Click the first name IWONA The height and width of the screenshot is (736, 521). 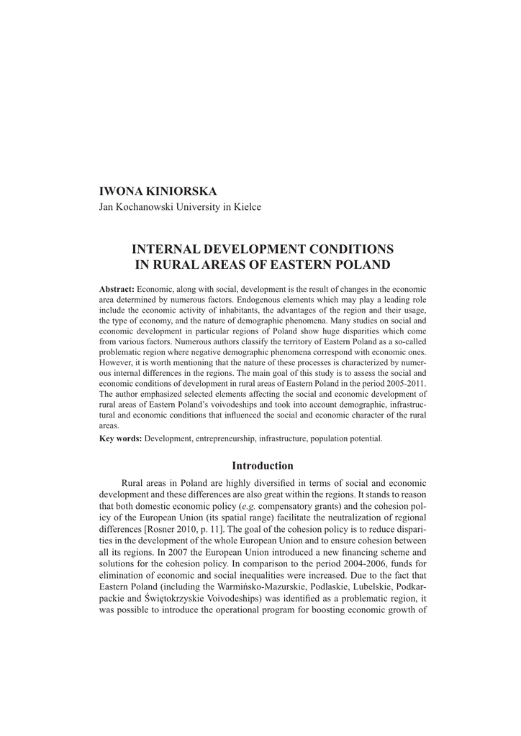[x=119, y=191]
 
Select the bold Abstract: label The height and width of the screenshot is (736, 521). [x=117, y=288]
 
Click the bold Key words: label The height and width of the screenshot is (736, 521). [x=120, y=438]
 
